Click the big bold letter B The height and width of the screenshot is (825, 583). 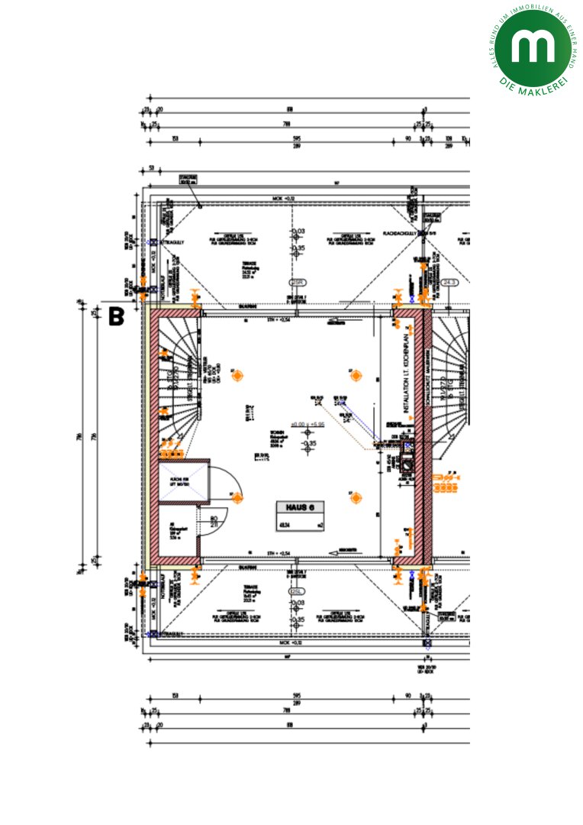click(116, 316)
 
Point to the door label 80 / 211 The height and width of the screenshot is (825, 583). click(213, 521)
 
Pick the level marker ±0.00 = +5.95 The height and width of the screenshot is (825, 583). click(308, 424)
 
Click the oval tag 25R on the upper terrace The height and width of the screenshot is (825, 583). click(296, 283)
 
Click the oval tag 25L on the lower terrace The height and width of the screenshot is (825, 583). click(296, 591)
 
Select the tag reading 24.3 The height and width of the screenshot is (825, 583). click(449, 283)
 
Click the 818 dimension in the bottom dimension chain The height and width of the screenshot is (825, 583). click(289, 729)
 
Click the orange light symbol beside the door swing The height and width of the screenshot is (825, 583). click(237, 498)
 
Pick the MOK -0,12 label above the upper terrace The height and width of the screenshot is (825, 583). click(284, 199)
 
